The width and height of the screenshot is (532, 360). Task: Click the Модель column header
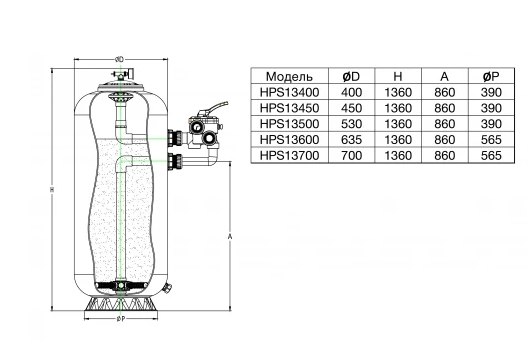289,77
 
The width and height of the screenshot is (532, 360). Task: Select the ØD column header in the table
351,77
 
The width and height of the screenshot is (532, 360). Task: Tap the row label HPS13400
289,92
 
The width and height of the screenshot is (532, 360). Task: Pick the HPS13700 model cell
289,155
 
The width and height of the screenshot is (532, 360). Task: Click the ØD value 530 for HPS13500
352,124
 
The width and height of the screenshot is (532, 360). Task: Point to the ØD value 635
352,139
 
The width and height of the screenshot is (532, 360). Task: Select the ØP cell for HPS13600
491,139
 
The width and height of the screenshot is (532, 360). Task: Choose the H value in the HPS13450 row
398,108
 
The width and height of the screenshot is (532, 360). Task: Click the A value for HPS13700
444,155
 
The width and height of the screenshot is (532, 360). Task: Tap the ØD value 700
352,155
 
